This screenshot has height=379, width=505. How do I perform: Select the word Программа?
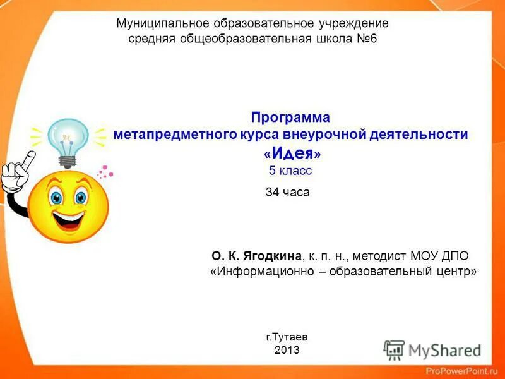[290, 117]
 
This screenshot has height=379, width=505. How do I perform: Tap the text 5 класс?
[290, 171]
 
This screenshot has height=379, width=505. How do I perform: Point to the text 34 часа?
[288, 192]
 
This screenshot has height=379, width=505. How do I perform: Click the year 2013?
[287, 349]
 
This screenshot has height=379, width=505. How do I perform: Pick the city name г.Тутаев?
[287, 337]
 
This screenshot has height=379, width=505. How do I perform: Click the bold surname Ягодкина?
[270, 256]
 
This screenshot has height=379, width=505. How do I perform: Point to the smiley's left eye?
[57, 197]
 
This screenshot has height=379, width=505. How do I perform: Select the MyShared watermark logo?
[432, 350]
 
